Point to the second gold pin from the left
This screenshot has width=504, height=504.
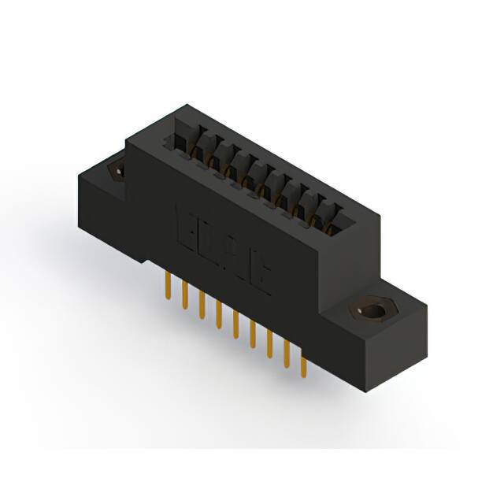(x=185, y=292)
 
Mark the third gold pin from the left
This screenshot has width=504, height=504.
(x=202, y=304)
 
